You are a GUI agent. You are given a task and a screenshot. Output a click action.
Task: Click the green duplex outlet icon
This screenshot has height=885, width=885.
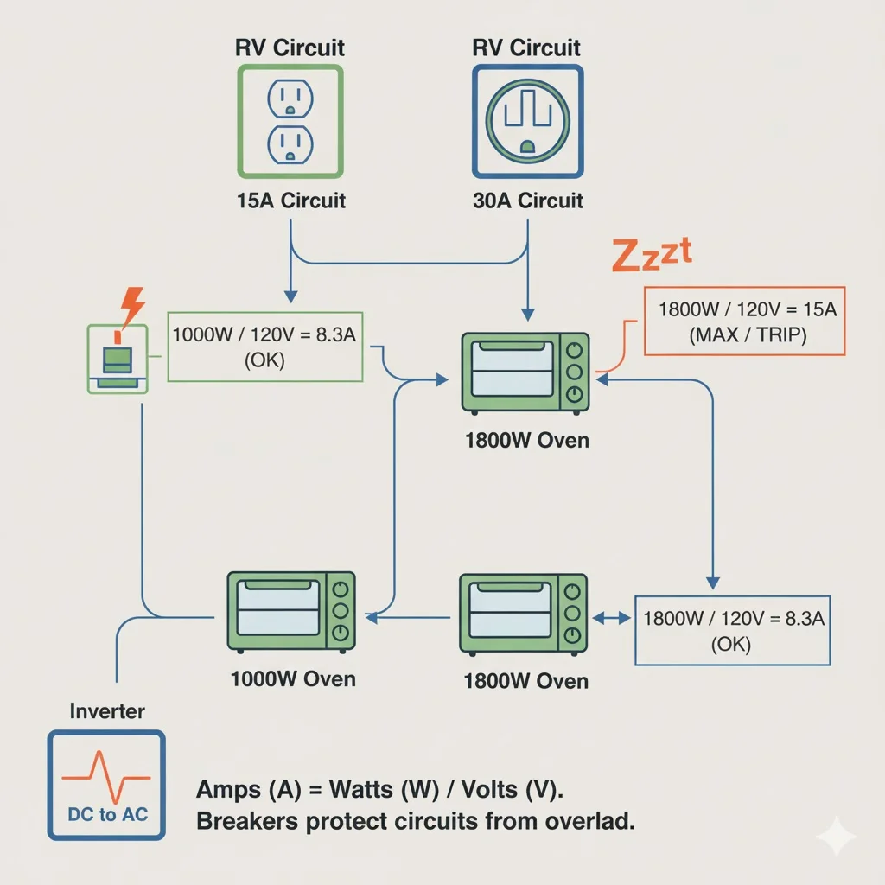(x=290, y=122)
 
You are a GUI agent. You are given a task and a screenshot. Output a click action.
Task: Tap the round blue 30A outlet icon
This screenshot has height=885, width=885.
(x=527, y=122)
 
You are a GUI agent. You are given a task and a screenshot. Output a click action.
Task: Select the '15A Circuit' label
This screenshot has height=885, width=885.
(x=290, y=201)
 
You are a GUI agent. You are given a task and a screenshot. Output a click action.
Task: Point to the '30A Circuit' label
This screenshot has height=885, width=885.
(x=527, y=201)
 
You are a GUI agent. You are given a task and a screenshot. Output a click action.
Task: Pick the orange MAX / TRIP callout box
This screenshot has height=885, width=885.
(x=744, y=321)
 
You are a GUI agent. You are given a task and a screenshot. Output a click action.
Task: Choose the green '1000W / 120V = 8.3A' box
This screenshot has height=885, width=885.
(x=265, y=346)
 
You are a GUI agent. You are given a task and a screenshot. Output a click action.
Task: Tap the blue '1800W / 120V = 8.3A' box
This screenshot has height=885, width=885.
(x=732, y=630)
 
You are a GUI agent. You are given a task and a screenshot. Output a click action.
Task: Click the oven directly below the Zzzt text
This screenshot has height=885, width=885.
(x=525, y=372)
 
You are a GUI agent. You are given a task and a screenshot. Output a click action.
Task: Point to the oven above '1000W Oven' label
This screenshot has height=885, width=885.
(x=291, y=610)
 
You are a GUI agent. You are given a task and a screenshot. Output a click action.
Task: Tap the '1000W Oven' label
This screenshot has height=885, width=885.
(x=293, y=678)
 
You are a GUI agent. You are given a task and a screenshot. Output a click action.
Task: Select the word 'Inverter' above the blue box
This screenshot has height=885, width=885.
(x=107, y=712)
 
